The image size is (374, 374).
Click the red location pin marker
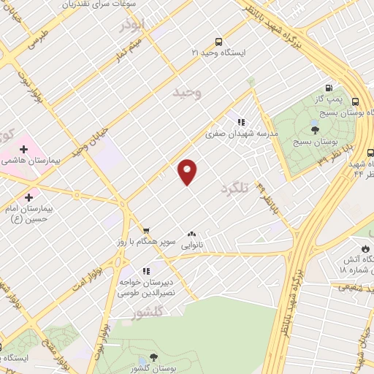(188, 171)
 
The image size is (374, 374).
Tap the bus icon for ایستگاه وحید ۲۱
(219, 42)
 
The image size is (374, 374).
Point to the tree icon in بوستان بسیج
(315, 129)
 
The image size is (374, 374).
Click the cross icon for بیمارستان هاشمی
(24, 149)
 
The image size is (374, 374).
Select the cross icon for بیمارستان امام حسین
(29, 196)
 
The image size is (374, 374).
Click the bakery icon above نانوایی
(191, 233)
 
